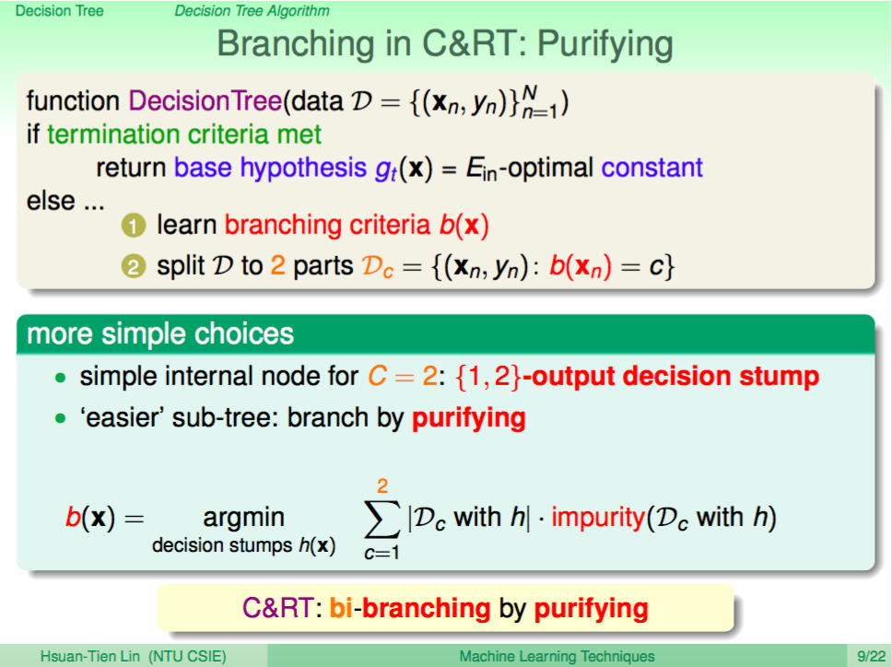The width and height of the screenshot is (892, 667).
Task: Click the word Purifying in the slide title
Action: (604, 45)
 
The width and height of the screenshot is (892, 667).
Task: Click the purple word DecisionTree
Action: (205, 101)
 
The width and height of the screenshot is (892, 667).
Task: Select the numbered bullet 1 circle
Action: (134, 226)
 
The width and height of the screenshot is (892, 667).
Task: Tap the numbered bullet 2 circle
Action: (134, 266)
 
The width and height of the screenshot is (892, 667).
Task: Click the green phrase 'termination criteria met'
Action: (184, 135)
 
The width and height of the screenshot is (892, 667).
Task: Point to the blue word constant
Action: (651, 168)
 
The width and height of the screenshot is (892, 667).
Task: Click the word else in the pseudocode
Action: (51, 201)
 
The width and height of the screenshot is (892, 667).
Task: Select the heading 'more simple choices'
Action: (160, 333)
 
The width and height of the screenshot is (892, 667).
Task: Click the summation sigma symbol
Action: (381, 518)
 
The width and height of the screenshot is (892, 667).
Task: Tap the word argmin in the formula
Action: (243, 518)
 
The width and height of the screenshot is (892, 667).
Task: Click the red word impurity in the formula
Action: (597, 518)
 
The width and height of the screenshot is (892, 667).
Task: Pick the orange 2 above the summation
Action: (382, 486)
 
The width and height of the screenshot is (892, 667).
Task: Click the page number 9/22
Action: (871, 657)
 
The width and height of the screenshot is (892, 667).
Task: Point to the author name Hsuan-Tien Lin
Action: (90, 657)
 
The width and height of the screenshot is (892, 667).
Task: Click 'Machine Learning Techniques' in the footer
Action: (557, 657)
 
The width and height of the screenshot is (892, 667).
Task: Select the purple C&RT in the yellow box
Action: (277, 608)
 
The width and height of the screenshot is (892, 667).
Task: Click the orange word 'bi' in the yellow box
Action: (341, 608)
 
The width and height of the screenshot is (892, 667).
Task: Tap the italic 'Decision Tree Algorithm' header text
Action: (252, 11)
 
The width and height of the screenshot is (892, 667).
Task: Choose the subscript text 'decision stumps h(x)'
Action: (243, 545)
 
